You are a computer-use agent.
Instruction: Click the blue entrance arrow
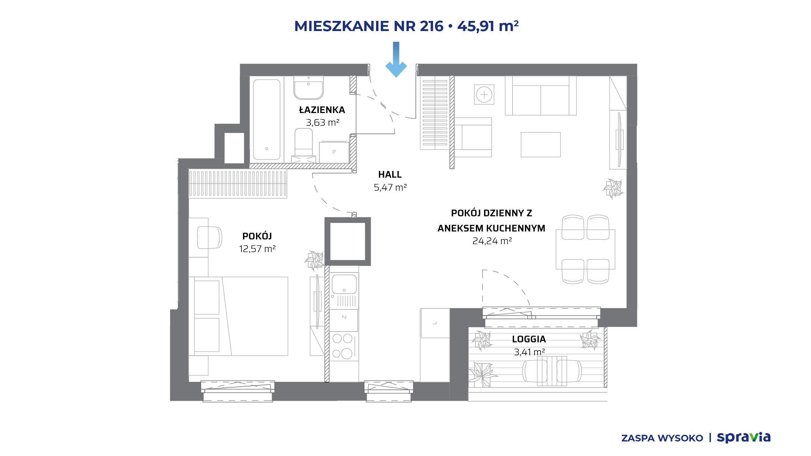click(x=396, y=60)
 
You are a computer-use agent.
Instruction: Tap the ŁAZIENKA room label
click(x=322, y=110)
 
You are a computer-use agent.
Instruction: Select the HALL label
click(x=390, y=174)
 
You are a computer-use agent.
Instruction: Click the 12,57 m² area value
click(x=257, y=249)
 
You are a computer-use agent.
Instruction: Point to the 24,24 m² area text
click(x=492, y=241)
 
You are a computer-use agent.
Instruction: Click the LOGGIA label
click(x=529, y=339)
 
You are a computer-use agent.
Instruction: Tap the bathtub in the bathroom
click(x=267, y=119)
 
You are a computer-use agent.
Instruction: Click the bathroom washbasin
click(x=309, y=87)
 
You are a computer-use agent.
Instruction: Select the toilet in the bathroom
click(x=304, y=144)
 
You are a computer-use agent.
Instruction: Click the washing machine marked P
click(x=334, y=152)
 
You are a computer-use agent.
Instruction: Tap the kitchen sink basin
click(x=344, y=284)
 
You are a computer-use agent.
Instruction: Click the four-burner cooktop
click(x=344, y=346)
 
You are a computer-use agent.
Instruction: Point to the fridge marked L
click(x=435, y=323)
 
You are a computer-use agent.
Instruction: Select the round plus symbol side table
click(x=484, y=94)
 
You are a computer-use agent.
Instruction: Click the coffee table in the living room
click(x=541, y=145)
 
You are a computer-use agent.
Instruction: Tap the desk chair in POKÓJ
click(x=209, y=237)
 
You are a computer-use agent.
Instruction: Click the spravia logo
click(x=744, y=437)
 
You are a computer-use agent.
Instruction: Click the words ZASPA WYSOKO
click(x=662, y=438)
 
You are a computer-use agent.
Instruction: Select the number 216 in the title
click(x=431, y=26)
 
